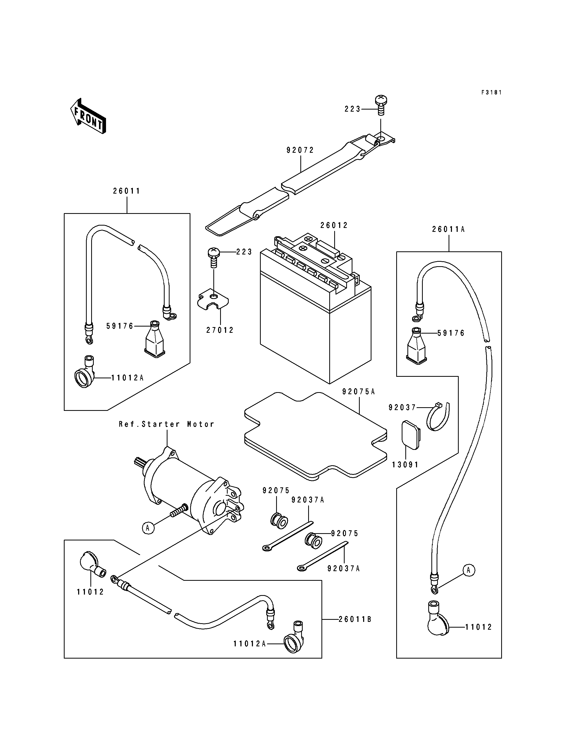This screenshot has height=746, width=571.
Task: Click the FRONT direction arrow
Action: coord(88,116)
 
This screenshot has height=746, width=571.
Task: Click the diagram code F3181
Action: coord(492,92)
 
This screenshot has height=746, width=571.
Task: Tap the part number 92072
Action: coord(300,150)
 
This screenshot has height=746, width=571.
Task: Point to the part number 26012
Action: coord(334,225)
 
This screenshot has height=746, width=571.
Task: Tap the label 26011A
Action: coord(448,229)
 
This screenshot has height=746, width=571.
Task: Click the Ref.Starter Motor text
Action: coord(166,424)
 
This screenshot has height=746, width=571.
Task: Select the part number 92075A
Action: coord(359,392)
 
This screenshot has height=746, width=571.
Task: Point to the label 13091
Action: coord(406,464)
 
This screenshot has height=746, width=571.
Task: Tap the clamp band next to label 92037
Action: coord(438,417)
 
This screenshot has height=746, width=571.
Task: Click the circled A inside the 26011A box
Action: coord(469,570)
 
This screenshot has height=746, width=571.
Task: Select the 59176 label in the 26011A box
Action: coord(451,333)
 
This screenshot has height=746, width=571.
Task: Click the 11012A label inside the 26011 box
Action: coord(128,378)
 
